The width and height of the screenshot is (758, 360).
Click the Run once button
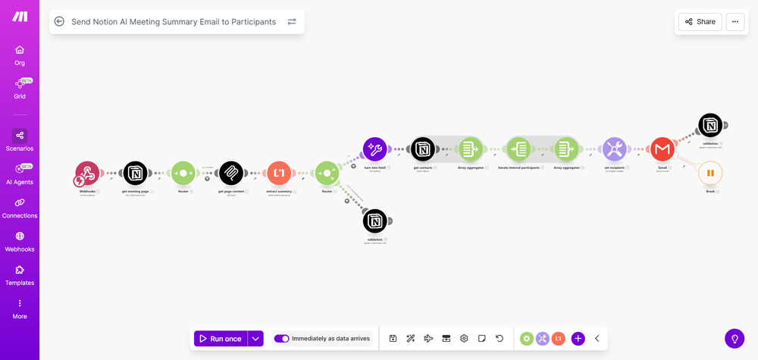point(220,339)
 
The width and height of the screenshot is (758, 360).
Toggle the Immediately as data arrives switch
point(281,339)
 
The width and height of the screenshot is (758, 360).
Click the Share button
point(700,22)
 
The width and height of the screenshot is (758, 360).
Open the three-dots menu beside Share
point(735,22)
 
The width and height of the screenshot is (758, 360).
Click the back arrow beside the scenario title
point(59,22)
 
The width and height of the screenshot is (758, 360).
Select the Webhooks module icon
point(87,174)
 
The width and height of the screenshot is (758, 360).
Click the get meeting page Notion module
point(135,174)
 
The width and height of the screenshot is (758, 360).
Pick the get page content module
point(230,174)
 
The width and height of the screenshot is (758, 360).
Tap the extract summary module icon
point(278,174)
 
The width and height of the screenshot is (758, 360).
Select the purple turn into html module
point(374,149)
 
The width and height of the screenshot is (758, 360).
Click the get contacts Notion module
point(422,149)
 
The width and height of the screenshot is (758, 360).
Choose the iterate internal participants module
point(518,149)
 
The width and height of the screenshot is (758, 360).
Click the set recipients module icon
point(614,149)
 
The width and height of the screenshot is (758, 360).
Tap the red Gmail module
point(662,149)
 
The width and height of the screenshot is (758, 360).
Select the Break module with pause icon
point(710,173)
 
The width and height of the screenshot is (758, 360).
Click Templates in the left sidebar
point(20,274)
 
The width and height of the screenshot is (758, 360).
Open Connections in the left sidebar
point(20,208)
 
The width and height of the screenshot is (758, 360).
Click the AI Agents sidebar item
point(20,174)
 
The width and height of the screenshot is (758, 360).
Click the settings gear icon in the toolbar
point(464,339)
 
